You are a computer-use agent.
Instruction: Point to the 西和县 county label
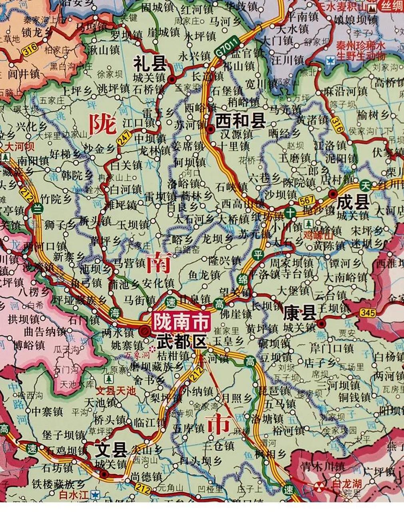click(241, 121)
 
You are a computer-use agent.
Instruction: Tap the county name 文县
click(111, 450)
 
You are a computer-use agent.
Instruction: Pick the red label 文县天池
click(115, 390)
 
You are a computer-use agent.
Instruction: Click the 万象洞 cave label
click(135, 354)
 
